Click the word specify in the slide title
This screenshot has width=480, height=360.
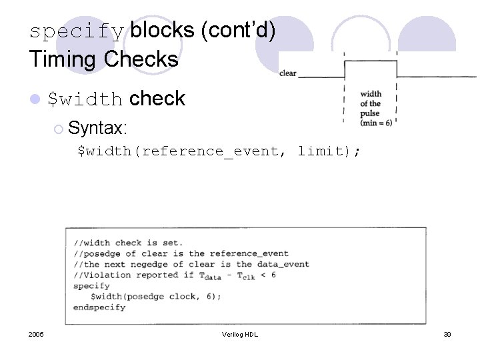click(77, 31)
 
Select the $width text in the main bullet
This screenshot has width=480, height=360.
click(85, 100)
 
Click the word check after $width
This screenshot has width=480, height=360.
click(158, 99)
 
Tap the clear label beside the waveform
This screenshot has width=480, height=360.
click(288, 73)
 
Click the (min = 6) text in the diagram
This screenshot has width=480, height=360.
click(376, 123)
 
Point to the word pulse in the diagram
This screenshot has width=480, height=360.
click(370, 113)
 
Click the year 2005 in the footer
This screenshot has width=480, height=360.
click(37, 334)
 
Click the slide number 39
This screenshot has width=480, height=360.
click(447, 334)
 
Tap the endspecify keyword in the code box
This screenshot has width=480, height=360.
click(99, 307)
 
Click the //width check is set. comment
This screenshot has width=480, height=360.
click(128, 243)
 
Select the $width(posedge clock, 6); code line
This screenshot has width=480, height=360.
click(156, 296)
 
